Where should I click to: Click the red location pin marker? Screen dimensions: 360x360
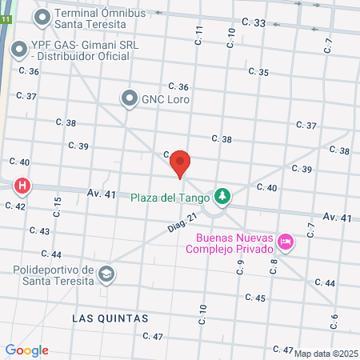[181, 162]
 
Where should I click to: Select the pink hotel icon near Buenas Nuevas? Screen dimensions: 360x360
[286, 240]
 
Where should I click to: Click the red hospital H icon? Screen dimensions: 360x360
[22, 186]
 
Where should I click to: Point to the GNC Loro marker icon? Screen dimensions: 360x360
[129, 98]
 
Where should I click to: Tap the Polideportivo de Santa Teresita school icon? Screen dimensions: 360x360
[106, 275]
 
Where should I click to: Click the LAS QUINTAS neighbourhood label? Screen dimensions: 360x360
[110, 318]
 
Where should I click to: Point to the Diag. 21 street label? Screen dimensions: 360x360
[182, 228]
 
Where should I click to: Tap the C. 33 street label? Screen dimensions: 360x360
[253, 24]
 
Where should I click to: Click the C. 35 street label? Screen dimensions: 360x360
[258, 72]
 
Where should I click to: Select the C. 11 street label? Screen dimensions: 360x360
[199, 34]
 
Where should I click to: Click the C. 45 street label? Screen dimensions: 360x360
[255, 298]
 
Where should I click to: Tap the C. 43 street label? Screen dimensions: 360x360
[39, 230]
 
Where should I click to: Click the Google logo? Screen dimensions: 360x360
[26, 350]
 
